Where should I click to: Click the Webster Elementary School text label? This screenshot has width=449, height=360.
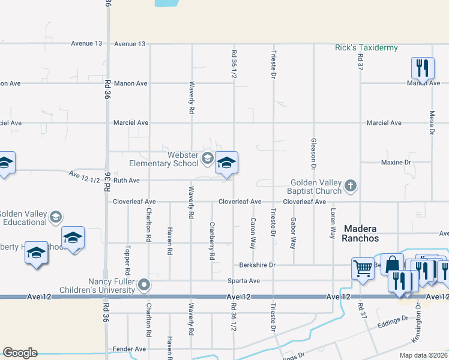(164, 159)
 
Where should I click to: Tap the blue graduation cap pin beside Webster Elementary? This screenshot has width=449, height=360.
(226, 163)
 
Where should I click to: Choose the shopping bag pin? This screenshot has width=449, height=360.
(392, 264)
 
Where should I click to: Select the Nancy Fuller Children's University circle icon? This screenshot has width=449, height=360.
(145, 284)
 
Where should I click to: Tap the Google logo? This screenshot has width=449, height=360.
(20, 353)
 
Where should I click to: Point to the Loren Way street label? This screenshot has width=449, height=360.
(332, 224)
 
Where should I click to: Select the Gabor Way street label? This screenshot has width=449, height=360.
(294, 233)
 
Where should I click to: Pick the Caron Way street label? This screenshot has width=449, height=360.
(253, 233)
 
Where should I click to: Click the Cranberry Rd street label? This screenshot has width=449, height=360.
(212, 241)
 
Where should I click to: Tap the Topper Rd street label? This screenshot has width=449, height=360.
(128, 257)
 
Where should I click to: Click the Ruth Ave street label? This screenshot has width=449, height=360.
(127, 180)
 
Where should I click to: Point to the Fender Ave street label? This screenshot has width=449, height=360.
(129, 349)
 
